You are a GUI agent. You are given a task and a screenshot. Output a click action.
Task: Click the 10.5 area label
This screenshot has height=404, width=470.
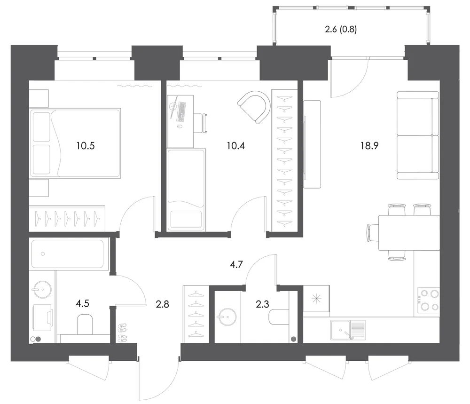coord(86,146)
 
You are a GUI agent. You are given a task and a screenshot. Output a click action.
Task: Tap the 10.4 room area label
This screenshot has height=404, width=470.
coord(236,146)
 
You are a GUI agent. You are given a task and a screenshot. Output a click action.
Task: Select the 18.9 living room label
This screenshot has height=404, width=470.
coord(369,146)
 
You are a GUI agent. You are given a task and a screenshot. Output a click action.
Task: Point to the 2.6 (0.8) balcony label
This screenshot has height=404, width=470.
coord(341,29)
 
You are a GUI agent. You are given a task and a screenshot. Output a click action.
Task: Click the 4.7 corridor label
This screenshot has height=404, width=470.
coord(236,264)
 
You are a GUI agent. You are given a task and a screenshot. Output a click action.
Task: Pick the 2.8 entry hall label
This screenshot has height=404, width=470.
coord(163,304)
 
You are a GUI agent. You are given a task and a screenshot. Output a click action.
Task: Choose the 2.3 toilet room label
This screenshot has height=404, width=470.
coord(262,304)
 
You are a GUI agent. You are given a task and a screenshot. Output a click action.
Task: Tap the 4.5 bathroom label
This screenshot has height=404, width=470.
coord(82,303)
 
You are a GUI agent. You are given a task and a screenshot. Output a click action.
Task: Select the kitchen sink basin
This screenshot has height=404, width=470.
coord(340,330)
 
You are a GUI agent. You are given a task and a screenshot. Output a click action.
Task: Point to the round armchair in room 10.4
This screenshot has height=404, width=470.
coord(254,107)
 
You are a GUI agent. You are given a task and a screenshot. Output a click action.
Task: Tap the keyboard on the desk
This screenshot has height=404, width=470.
coord(182,111)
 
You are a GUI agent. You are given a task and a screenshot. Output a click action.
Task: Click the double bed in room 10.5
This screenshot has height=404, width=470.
coord(75,143)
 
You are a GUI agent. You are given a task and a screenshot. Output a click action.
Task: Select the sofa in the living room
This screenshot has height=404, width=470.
coord(418,135)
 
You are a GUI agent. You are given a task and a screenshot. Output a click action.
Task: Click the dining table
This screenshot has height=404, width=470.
coord(409,232)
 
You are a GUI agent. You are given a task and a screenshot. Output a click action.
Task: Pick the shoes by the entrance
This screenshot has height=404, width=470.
coord(122,333)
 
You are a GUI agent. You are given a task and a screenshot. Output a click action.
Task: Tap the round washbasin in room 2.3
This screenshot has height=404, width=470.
coord(227,317)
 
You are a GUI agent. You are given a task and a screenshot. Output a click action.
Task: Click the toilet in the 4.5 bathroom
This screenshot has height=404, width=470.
coord(85,324)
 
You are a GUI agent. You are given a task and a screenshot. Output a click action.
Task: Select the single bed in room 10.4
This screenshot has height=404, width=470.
coord(187,190)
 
